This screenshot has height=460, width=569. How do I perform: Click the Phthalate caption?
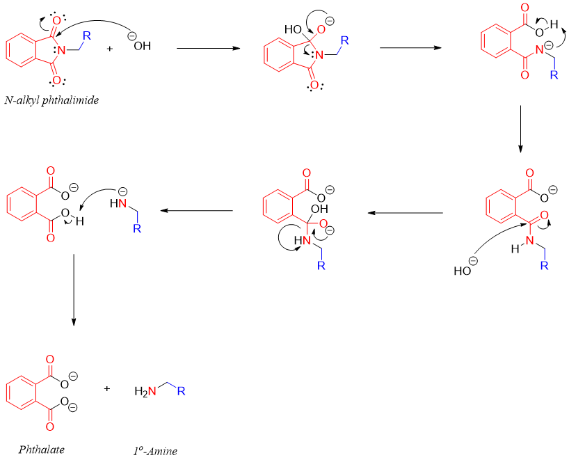tap(42, 449)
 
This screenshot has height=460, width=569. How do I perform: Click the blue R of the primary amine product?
tap(181, 392)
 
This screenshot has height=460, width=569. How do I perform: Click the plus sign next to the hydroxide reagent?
tap(110, 49)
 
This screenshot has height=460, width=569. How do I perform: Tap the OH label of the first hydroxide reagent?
tap(142, 47)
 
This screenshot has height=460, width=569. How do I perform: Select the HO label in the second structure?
tap(293, 29)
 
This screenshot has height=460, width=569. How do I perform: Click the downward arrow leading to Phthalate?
tap(73, 289)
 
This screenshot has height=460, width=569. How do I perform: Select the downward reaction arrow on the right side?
tap(520, 129)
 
